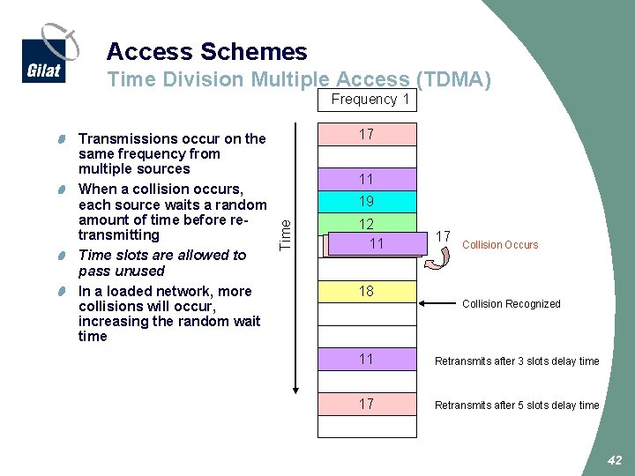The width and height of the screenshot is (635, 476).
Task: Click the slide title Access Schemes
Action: coord(206,52)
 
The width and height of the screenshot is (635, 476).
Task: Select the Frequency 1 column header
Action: coord(370,100)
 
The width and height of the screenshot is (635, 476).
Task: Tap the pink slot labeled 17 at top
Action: coord(367,134)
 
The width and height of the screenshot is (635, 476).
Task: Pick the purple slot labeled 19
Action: coord(367,201)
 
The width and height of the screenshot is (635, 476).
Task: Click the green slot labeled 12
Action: coord(367,224)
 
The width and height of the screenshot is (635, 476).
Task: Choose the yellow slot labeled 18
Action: coord(367,292)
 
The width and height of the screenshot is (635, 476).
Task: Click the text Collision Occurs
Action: coord(499,245)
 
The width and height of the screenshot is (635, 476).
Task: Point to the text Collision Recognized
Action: coord(511,304)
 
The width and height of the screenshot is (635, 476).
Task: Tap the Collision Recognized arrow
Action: coord(437,304)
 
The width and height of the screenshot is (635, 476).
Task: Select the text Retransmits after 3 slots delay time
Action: coord(516,361)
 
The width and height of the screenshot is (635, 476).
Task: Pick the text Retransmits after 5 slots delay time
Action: coord(516,405)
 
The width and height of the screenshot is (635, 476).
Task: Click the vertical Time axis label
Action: coord(284,234)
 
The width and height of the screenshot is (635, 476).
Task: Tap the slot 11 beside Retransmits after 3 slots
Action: coord(367,359)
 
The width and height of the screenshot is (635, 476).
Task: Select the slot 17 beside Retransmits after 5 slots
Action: coord(367,404)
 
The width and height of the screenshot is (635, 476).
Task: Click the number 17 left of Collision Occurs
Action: coord(444,236)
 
